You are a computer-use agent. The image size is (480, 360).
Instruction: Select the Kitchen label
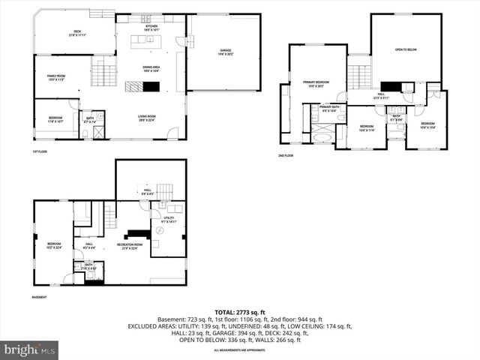pyautogui.click(x=151, y=25)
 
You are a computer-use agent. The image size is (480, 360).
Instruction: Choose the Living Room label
pyautogui.click(x=145, y=118)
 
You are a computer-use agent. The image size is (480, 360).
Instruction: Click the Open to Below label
pyautogui.click(x=406, y=50)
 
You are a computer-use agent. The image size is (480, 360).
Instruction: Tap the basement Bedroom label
pyautogui.click(x=55, y=245)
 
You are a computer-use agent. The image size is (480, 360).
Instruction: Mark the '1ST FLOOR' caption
pyautogui.click(x=40, y=152)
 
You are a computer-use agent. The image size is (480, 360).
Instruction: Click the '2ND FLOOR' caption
pyautogui.click(x=286, y=155)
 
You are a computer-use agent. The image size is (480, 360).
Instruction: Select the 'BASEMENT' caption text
pyautogui.click(x=40, y=298)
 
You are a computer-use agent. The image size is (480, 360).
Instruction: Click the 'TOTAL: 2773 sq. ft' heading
pyautogui.click(x=239, y=311)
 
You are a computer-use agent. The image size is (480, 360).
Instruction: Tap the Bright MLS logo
pyautogui.click(x=31, y=349)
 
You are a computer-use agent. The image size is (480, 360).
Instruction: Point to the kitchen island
pyautogui.click(x=147, y=42)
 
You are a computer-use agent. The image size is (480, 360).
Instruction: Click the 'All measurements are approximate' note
pyautogui.click(x=239, y=350)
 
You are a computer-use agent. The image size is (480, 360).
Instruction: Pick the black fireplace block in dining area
pyautogui.click(x=151, y=86)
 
